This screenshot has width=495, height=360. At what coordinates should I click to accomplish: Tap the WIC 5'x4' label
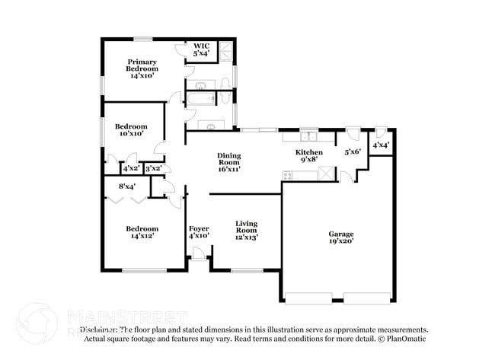202,49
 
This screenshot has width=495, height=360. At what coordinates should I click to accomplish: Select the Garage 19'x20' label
340,237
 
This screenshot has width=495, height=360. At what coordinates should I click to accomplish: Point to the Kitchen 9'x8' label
309,156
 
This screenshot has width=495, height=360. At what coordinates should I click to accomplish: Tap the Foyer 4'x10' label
199,232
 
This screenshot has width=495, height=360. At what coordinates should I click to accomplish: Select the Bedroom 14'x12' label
142,232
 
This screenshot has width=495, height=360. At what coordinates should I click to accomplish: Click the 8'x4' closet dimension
127,186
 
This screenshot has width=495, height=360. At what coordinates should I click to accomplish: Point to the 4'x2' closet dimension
131,168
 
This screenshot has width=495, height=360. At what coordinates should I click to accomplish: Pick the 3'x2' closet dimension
153,168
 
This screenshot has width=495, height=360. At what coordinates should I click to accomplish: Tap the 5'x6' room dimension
353,152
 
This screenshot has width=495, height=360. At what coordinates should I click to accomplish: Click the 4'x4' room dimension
381,145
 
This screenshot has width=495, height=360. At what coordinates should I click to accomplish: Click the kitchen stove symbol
289,175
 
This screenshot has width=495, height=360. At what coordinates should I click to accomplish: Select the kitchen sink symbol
308,137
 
